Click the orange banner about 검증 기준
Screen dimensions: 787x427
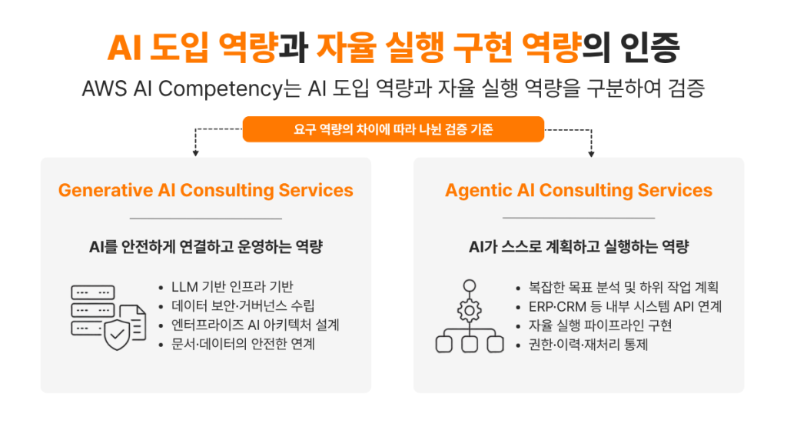click(x=393, y=129)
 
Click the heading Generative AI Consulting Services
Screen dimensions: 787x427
click(x=206, y=190)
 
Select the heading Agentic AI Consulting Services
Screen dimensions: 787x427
click(x=579, y=190)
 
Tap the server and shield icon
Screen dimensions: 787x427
click(x=108, y=317)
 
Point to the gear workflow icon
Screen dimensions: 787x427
click(x=470, y=316)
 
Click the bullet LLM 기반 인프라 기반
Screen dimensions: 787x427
click(x=232, y=287)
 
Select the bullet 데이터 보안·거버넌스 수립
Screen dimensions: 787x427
click(x=243, y=306)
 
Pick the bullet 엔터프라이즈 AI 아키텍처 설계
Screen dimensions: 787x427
click(x=255, y=325)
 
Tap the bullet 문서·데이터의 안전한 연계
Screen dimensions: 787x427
click(x=243, y=344)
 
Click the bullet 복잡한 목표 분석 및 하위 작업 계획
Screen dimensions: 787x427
click(x=623, y=287)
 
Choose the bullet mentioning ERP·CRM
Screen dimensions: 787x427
click(x=625, y=306)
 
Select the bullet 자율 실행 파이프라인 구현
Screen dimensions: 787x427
click(x=600, y=325)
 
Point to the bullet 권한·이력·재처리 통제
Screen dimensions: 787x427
click(x=588, y=345)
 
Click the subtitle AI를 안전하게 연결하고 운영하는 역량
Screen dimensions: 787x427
click(x=206, y=247)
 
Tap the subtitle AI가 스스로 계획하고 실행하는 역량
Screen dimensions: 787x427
click(x=579, y=247)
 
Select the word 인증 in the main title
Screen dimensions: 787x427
click(x=650, y=47)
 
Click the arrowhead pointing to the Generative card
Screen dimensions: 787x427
click(x=196, y=152)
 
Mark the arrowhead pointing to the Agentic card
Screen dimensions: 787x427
click(x=591, y=153)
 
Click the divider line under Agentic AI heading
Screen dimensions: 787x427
click(x=579, y=218)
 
